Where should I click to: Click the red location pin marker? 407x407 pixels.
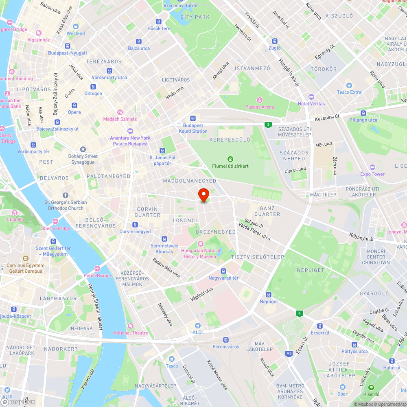pos(203,195)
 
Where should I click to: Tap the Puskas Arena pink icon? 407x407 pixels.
pos(260,100)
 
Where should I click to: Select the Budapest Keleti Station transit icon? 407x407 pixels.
pos(193,118)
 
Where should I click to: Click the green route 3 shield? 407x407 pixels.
pos(267,125)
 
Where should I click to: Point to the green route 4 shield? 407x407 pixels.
pos(300,313)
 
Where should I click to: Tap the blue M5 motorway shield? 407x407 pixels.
pos(289,353)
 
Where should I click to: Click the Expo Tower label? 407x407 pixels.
pos(372,174)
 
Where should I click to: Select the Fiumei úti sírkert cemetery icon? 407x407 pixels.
pos(230,159)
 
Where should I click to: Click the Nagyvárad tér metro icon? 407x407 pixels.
pos(223,271)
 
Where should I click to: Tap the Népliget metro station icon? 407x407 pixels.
pos(269,295)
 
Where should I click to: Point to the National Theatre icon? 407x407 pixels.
pos(131,326)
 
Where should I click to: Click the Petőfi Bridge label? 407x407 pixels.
pos(98,276)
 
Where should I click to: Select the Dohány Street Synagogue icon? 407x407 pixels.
pos(83,149)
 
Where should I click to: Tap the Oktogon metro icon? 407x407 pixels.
pos(93,87)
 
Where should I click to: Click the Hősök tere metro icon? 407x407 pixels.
pos(159,22)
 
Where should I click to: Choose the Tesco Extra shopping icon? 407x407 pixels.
pos(349,85)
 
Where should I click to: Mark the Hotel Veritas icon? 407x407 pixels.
pos(311,97)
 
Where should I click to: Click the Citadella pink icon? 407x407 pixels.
pos(15,213)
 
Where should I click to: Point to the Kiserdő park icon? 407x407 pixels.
pos(371,387)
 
